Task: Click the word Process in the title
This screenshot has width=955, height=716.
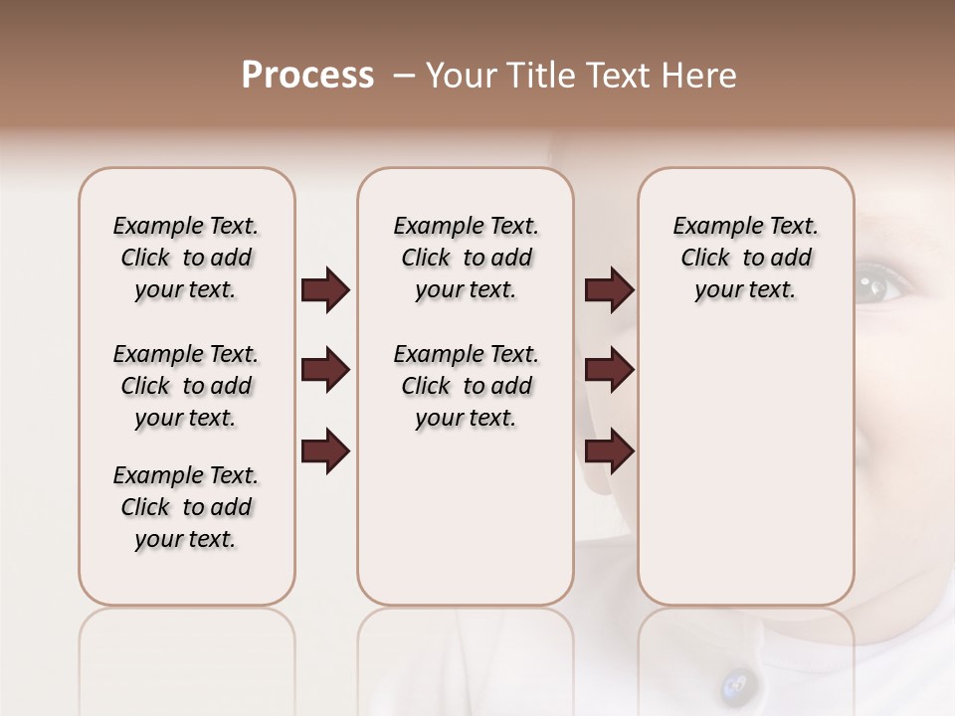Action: [307, 76]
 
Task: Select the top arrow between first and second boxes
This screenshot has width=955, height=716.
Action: [325, 290]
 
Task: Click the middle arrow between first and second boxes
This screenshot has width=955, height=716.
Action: [325, 371]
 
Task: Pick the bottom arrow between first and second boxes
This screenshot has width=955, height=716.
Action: [325, 451]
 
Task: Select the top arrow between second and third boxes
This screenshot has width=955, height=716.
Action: [609, 290]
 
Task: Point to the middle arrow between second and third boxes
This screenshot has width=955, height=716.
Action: [609, 371]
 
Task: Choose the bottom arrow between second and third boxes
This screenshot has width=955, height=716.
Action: [609, 451]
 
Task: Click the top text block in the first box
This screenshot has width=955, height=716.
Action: [186, 258]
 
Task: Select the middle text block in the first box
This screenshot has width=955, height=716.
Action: [186, 386]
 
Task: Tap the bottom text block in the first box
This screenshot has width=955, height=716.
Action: [186, 507]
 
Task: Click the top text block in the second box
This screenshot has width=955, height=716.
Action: [466, 258]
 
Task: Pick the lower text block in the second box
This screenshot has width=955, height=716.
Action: [466, 386]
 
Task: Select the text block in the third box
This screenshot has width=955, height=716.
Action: [745, 258]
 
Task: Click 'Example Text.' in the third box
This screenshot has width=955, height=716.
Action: [745, 226]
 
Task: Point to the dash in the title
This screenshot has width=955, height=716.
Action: [404, 76]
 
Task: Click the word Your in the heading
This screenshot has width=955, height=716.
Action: [461, 76]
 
